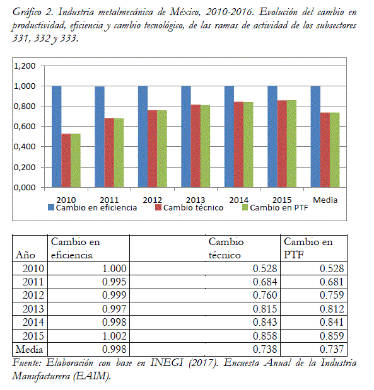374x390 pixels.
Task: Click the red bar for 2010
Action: coord(66,161)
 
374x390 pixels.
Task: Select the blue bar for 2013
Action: coord(186,137)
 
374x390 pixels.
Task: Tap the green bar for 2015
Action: coord(291,144)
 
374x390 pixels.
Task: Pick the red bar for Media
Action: coord(325,150)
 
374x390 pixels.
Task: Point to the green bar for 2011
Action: coord(119,152)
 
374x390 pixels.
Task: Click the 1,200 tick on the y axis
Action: coord(25,66)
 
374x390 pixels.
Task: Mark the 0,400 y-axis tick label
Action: coord(25,147)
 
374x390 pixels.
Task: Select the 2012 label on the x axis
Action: coord(153,200)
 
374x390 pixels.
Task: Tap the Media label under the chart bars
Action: coord(325,200)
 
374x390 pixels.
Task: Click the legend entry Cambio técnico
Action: coord(189,207)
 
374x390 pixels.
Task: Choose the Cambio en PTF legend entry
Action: coord(275,207)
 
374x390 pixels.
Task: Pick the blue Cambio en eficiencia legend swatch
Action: coord(51,207)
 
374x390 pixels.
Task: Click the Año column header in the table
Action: coord(25,255)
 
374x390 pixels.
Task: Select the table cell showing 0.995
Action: coord(114,282)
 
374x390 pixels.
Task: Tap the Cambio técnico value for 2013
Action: coord(265,309)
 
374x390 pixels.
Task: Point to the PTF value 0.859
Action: coord(332,336)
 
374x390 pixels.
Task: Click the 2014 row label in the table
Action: coord(33,322)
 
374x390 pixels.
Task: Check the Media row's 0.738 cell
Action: coord(265,349)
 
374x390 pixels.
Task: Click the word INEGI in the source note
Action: coord(167,363)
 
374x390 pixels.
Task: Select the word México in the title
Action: coord(185,12)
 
